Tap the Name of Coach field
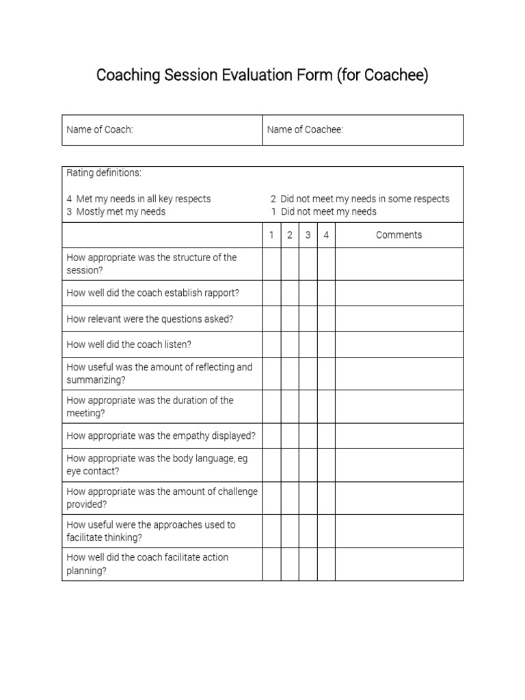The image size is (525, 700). [162, 130]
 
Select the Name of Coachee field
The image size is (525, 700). [363, 130]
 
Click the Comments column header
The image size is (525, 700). [399, 235]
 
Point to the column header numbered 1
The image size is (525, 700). [271, 235]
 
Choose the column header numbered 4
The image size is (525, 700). [326, 235]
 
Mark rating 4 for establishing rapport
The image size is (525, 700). [326, 293]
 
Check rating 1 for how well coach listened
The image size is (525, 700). [271, 345]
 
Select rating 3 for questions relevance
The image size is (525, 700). [308, 319]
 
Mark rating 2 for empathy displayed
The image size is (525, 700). [290, 435]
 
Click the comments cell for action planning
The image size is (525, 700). [399, 564]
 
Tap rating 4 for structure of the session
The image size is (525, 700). [326, 264]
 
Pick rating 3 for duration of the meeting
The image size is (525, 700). [308, 407]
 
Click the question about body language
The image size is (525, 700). [157, 465]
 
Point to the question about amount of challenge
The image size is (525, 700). [162, 498]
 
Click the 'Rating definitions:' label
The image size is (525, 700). [104, 173]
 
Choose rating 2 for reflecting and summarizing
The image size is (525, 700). [290, 374]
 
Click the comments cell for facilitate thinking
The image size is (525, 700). [399, 531]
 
